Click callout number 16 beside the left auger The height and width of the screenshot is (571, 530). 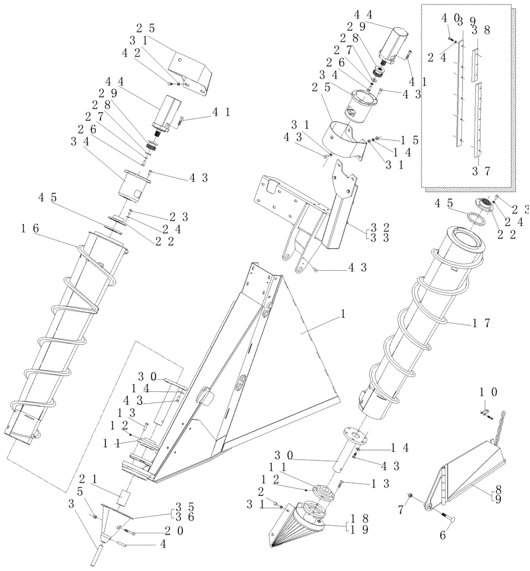coord(30,228)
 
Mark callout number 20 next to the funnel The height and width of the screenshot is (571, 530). coord(145,531)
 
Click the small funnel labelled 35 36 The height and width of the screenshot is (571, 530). coord(114,517)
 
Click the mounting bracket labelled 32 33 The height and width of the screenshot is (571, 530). coord(320,217)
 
